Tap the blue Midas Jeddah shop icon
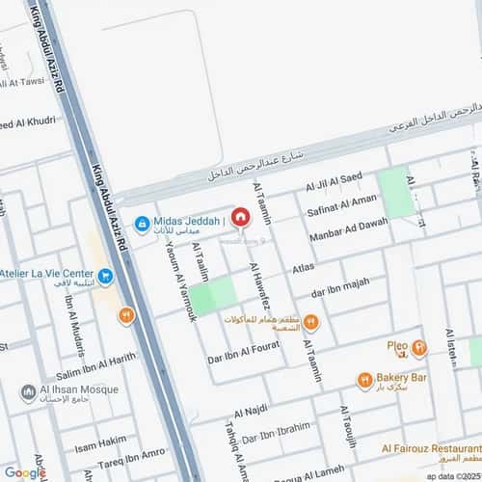point(142,224)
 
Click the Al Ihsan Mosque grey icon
point(28,392)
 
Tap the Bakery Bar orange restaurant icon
point(364,380)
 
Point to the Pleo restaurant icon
point(418,348)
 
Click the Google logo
point(25,471)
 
